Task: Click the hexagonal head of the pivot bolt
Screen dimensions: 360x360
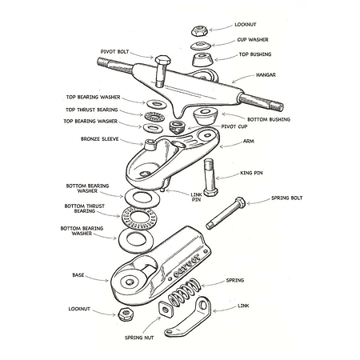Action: [x=162, y=60]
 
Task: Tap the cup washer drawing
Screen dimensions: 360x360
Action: [x=201, y=46]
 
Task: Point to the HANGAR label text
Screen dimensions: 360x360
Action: [x=266, y=75]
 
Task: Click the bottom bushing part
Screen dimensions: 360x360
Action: [x=206, y=116]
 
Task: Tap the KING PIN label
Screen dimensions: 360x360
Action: [x=251, y=173]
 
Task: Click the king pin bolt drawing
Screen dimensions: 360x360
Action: [x=210, y=177]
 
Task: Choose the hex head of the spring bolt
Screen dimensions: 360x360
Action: [x=240, y=202]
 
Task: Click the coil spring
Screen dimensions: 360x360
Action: [x=184, y=291]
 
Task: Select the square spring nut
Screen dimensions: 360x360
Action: [x=166, y=309]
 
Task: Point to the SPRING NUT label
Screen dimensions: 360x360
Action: [x=139, y=338]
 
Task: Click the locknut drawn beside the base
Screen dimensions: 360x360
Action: [x=126, y=314]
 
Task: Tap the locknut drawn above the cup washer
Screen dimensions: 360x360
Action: [x=199, y=30]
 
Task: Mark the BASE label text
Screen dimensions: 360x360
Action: [x=78, y=275]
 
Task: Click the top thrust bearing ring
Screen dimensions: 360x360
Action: [x=154, y=116]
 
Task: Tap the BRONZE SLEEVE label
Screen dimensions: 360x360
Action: [x=100, y=139]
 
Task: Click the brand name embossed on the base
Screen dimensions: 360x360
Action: [x=187, y=266]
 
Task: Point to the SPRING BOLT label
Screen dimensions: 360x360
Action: [x=287, y=198]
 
